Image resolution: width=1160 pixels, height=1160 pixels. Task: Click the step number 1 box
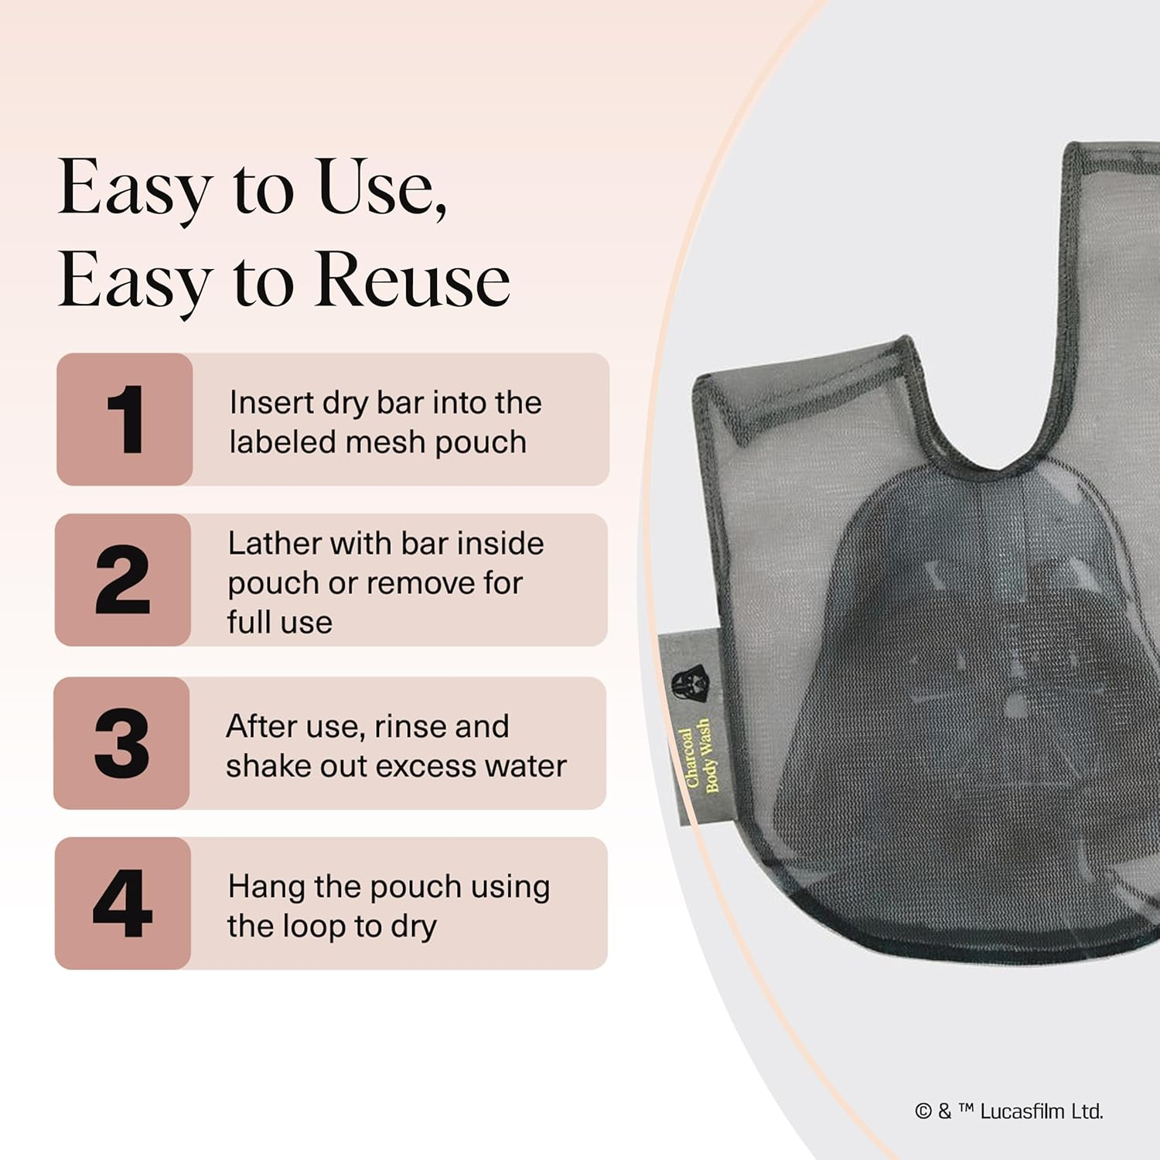(x=125, y=419)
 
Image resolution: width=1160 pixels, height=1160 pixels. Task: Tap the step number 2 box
(x=123, y=580)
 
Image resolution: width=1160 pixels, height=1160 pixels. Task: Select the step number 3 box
(x=121, y=743)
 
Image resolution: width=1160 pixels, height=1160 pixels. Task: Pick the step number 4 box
(x=123, y=903)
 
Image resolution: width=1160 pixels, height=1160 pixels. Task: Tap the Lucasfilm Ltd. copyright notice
(x=1008, y=1111)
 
